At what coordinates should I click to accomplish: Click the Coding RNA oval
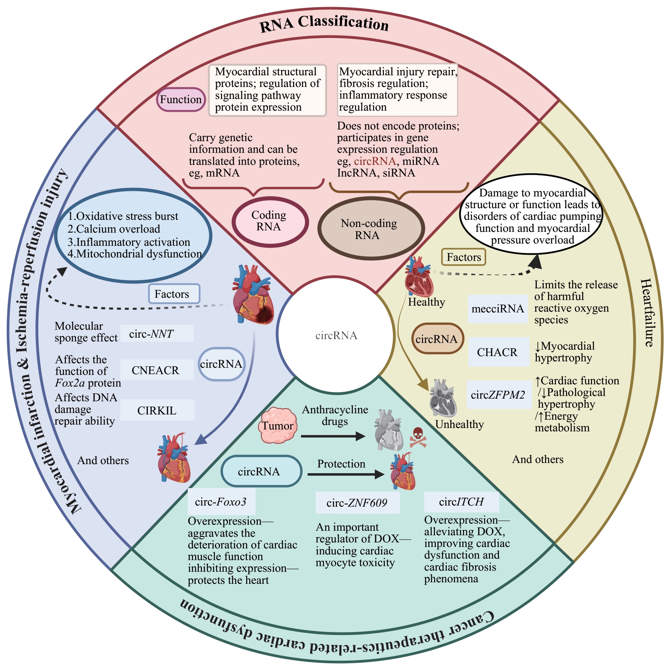pos(270,221)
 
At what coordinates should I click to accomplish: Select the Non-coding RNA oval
pos(371,229)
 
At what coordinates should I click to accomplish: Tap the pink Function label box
pos(181,99)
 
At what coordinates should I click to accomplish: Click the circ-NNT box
pos(157,333)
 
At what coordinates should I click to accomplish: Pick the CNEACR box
pos(157,370)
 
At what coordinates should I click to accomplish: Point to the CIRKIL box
pos(157,410)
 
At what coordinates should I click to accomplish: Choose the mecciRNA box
pos(498,309)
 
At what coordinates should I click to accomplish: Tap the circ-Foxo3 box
pos(221,501)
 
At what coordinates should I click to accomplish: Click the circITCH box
pos(461,501)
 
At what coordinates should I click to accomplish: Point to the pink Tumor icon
pos(278,426)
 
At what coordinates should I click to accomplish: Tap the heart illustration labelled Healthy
pos(419,276)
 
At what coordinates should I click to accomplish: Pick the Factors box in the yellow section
pos(463,257)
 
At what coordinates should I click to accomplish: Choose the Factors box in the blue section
pos(174,294)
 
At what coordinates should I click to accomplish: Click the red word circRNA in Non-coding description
pos(375,161)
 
